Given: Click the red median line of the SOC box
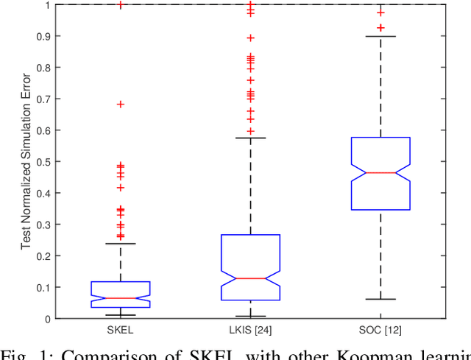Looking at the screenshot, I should point(380,172).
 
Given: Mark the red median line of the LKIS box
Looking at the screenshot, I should point(250,278).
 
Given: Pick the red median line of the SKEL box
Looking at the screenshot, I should point(121,298).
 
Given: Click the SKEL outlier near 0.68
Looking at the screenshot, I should point(121,105).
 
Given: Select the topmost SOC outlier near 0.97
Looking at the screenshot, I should point(380,12).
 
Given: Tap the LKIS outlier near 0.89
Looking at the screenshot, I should point(250,38).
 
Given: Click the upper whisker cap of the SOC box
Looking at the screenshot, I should point(380,36).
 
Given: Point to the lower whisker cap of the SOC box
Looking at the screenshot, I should point(380,299).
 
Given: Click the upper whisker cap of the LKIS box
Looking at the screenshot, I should point(250,138).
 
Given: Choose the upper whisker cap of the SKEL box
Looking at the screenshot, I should point(121,244).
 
